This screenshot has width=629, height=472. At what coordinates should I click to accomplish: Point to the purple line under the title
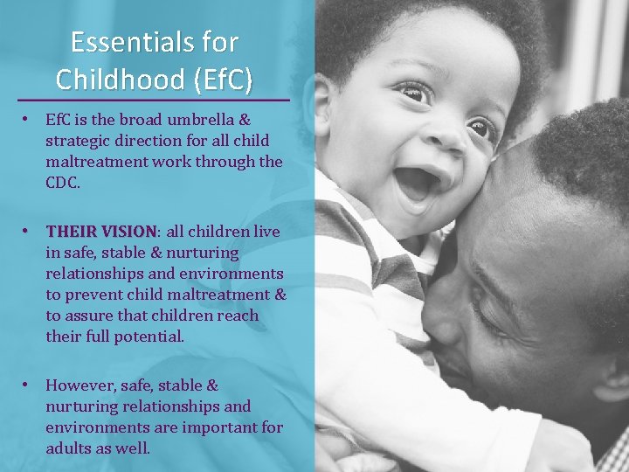[x=154, y=100]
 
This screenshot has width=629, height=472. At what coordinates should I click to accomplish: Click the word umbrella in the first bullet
[x=213, y=120]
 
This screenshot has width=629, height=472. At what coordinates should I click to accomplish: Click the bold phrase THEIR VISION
[x=100, y=232]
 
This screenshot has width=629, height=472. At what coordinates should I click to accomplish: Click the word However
[x=82, y=385]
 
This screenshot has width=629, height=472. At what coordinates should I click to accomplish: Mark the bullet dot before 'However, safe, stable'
[x=29, y=385]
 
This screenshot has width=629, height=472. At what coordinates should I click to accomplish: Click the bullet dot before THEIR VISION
[x=29, y=231]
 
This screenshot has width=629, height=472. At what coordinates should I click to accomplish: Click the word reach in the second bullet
[x=239, y=316]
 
